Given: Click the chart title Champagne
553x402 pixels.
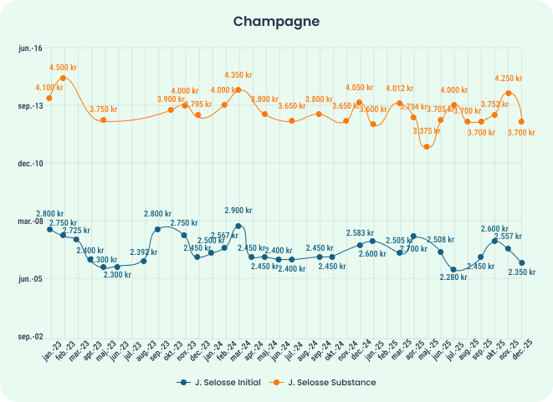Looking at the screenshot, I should (276, 20).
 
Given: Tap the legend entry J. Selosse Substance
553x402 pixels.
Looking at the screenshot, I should (325, 382).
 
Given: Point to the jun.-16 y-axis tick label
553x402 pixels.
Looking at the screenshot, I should (30, 49).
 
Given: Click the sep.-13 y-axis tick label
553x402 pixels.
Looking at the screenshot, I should (30, 106).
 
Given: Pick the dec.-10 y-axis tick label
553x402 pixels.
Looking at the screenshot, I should (30, 164).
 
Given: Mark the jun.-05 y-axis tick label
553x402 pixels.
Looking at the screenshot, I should (30, 278).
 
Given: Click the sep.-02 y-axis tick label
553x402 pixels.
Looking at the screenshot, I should (30, 336).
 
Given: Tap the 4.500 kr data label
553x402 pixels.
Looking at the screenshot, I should (64, 67).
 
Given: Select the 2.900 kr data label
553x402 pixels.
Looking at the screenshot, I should (238, 211).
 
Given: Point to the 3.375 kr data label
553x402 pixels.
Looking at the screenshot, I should (428, 131).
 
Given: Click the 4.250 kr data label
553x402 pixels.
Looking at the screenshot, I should (509, 79).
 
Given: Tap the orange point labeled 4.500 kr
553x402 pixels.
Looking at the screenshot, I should (64, 78).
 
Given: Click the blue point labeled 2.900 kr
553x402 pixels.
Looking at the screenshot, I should (238, 226).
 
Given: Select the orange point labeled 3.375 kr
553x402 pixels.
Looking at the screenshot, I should (427, 146).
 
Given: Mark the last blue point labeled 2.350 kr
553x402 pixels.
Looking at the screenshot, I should (521, 262).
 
